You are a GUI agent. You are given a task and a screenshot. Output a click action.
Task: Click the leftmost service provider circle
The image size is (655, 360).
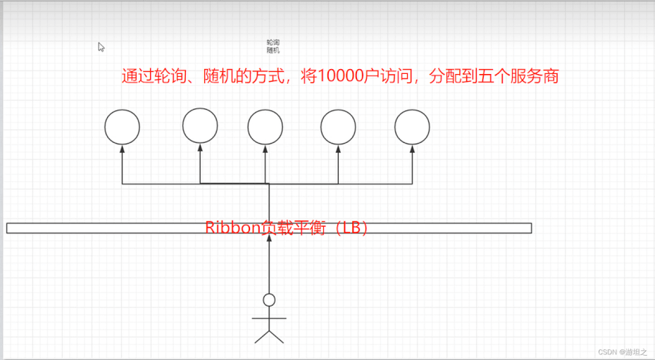tap(123, 128)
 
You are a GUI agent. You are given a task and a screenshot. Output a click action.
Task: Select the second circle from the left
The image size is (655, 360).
tap(200, 126)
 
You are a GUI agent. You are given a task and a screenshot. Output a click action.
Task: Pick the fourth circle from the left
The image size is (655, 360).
tap(338, 128)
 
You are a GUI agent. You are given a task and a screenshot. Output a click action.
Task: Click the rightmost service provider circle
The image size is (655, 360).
tap(412, 128)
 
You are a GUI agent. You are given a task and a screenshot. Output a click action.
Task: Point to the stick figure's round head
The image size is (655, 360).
tap(269, 300)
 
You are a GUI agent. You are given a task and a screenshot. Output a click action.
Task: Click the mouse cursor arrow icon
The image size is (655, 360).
tap(101, 47)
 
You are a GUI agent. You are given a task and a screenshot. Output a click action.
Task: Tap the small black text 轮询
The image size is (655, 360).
tap(273, 43)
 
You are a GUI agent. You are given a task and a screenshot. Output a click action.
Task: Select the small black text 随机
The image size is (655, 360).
tap(273, 51)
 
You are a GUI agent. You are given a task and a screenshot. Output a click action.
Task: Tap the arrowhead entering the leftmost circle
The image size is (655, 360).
tap(123, 149)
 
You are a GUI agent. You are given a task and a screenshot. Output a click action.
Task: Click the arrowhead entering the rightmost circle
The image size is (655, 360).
tap(412, 149)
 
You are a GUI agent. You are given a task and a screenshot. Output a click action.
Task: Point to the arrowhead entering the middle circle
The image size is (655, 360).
tap(266, 149)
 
